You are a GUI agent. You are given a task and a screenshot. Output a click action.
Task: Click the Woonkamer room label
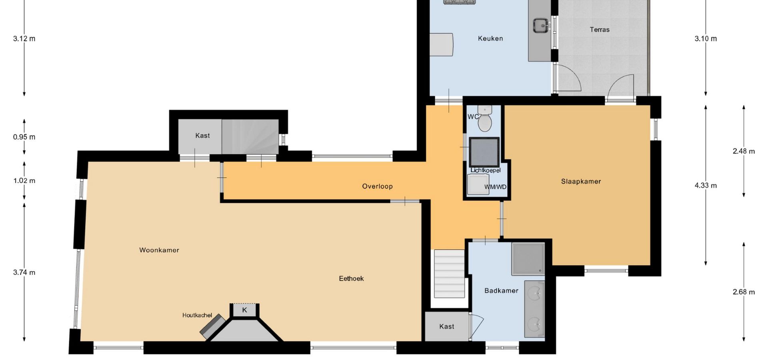click(159, 250)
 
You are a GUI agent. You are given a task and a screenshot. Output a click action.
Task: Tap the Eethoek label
click(351, 278)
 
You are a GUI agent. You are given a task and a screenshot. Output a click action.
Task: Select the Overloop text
click(377, 186)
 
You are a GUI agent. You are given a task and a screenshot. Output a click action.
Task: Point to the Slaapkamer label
click(581, 181)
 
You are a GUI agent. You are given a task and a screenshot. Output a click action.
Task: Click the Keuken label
click(490, 38)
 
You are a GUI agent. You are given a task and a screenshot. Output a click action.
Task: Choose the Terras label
click(600, 29)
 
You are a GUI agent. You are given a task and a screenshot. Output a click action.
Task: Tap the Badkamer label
click(501, 290)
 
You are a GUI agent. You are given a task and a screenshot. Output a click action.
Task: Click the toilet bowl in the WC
click(485, 122)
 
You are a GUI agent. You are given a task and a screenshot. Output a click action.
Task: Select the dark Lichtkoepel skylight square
click(484, 152)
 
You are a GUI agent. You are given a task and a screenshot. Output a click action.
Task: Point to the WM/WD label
click(495, 187)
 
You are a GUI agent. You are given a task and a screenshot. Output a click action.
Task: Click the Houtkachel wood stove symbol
click(212, 325)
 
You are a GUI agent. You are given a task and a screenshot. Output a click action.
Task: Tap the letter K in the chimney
click(244, 310)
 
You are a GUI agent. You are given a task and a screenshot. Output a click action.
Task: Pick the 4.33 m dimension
click(706, 185)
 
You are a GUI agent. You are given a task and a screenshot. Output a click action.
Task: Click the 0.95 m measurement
click(24, 137)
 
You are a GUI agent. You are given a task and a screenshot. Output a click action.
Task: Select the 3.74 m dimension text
click(24, 272)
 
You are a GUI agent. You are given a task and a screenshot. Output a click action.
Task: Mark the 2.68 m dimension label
click(744, 292)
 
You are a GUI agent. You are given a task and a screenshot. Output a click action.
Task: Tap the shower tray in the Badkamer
click(528, 259)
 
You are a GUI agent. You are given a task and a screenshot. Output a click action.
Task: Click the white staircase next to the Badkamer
click(450, 274)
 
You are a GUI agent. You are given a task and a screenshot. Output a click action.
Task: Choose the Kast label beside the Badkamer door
click(446, 326)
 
